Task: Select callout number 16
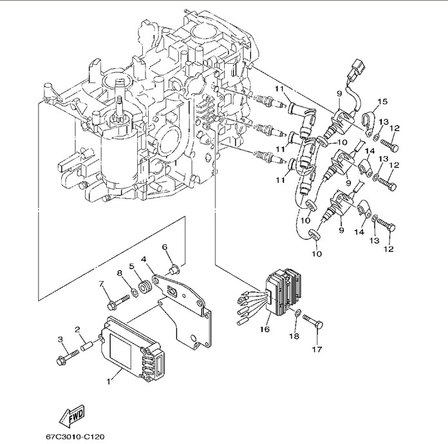263,329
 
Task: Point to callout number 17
316,351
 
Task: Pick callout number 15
382,101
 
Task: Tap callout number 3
60,339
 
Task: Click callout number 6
165,247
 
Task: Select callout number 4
144,260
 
